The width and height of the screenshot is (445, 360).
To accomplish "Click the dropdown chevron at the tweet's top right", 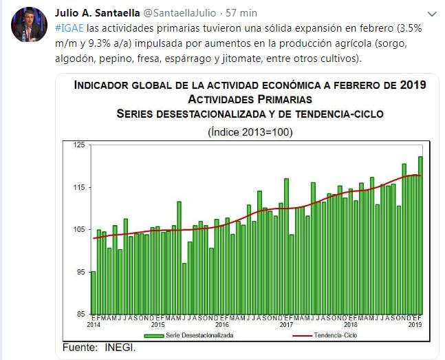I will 431,13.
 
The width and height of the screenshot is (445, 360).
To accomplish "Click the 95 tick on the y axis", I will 81,272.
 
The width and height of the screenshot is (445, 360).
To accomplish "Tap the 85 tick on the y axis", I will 81,315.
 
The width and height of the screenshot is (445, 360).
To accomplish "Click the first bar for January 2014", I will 93,293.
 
